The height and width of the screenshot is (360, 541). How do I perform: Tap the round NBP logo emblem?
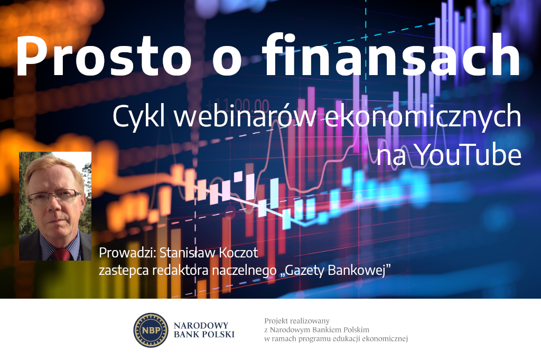point(151,330)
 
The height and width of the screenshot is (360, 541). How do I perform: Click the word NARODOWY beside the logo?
point(204,325)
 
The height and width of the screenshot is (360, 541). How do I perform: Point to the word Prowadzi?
point(124,253)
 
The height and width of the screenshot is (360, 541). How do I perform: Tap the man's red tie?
point(62,254)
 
